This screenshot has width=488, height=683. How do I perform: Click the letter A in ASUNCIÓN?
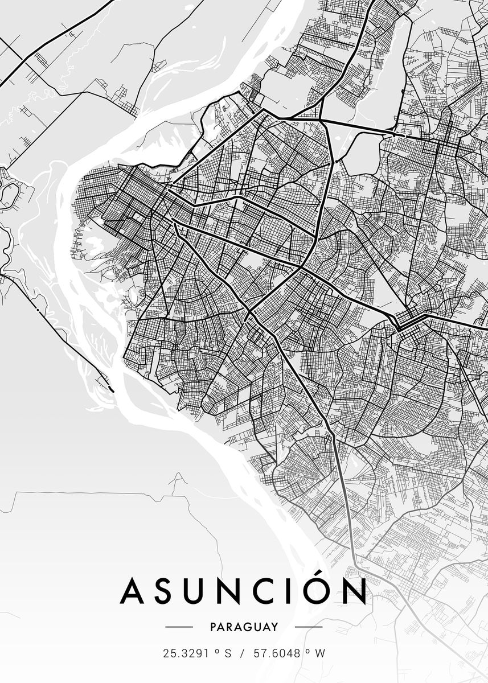tap(134, 592)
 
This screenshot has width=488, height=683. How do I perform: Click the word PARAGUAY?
tap(244, 627)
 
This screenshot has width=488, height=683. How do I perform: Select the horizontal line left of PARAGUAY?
tap(179, 627)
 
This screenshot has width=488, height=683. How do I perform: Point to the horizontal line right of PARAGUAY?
tap(309, 627)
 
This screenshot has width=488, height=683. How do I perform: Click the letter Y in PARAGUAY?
tap(275, 627)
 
